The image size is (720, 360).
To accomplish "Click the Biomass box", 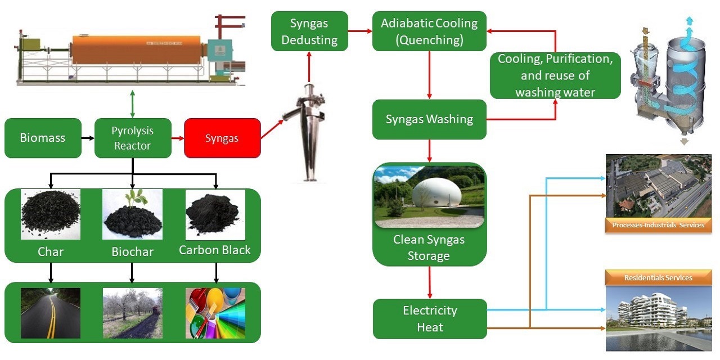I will click(x=43, y=138).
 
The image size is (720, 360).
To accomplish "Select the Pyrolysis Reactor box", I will click(x=132, y=138).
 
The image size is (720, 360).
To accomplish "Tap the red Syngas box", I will click(x=222, y=138).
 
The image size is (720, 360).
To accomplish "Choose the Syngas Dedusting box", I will click(x=309, y=31).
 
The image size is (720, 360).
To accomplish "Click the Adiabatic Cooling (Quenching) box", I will click(x=429, y=31).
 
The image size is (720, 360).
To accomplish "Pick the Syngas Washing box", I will click(x=429, y=119).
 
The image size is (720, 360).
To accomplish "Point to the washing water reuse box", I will click(x=555, y=75).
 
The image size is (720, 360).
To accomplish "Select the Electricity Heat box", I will click(x=429, y=318).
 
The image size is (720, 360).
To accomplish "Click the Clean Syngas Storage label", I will click(x=429, y=248).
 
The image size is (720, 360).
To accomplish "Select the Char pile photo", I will click(x=51, y=214).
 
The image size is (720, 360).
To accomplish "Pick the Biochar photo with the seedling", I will click(x=132, y=214).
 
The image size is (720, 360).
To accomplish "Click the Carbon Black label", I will click(x=215, y=250).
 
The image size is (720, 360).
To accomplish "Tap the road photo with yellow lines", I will click(x=51, y=313).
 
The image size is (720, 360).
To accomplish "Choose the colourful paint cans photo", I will click(x=215, y=313).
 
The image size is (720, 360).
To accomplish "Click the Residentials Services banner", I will click(x=658, y=277).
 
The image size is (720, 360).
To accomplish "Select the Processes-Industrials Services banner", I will click(x=658, y=225).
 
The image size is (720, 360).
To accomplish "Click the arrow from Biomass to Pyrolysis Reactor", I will click(x=87, y=138).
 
